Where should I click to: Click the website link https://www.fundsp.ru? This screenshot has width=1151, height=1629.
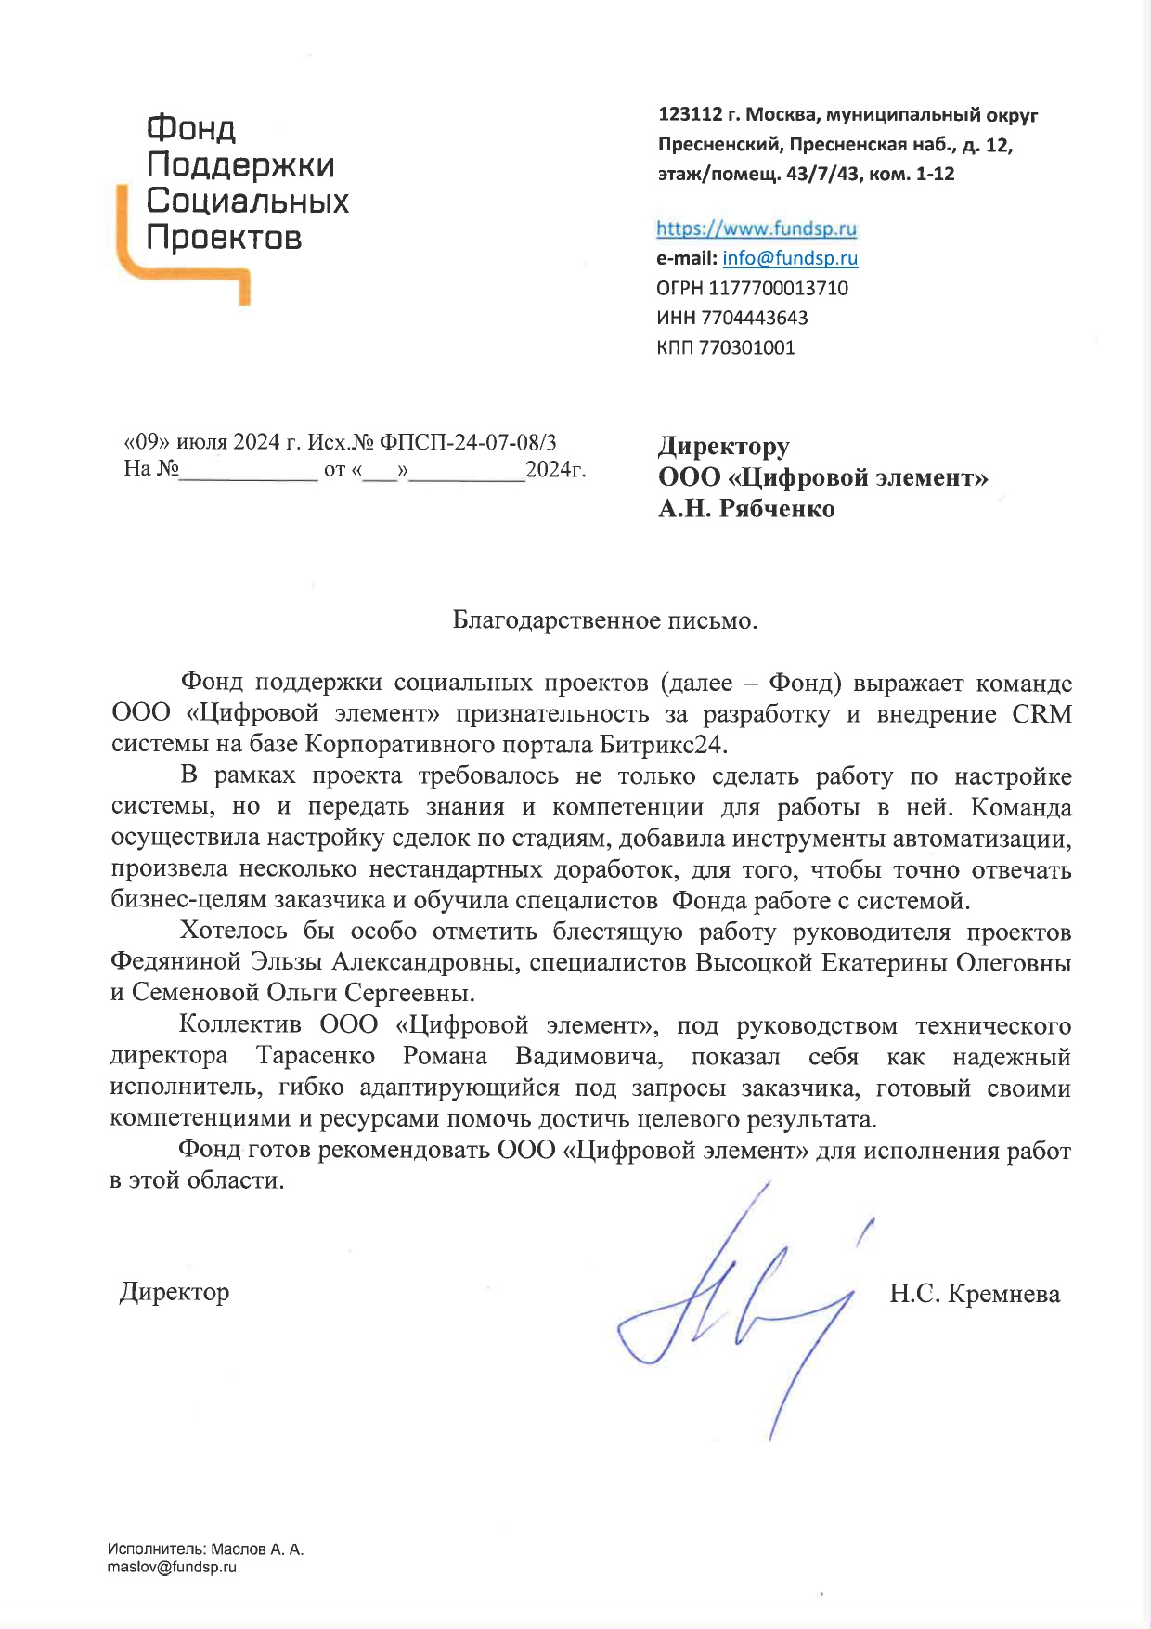[757, 228]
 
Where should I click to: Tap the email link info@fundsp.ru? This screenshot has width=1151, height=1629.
[790, 258]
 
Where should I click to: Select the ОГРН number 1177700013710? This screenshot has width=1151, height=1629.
[778, 288]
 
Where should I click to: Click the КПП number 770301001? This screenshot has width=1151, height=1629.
[746, 347]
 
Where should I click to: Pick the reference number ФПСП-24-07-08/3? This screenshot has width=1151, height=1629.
[468, 442]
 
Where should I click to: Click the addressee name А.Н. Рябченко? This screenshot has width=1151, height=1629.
[746, 509]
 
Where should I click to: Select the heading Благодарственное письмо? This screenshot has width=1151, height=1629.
[604, 620]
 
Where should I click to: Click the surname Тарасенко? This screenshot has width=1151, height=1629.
[316, 1056]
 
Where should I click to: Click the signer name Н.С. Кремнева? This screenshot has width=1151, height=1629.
[974, 1294]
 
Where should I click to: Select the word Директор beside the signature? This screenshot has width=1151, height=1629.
[175, 1292]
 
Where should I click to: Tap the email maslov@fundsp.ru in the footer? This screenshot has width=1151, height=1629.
[172, 1567]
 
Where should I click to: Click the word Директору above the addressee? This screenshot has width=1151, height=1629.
[724, 447]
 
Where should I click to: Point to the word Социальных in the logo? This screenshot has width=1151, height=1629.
[247, 201]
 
